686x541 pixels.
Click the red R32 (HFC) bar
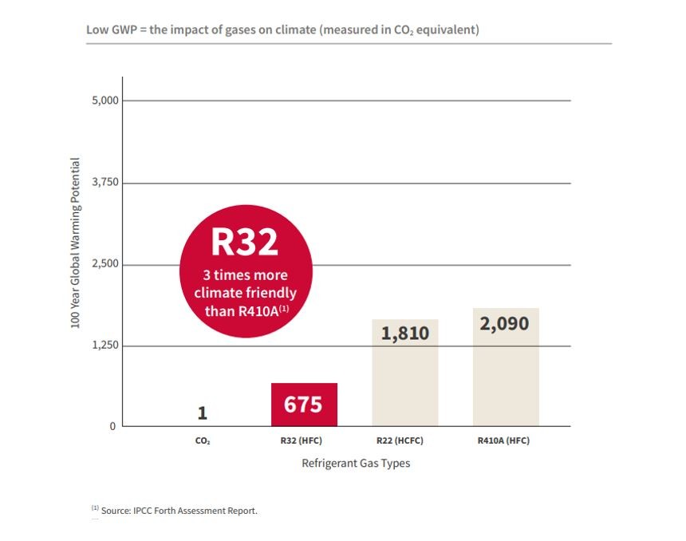click(304, 405)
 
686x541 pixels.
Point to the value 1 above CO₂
click(203, 413)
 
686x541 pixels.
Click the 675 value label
click(304, 405)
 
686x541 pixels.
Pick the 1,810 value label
click(405, 333)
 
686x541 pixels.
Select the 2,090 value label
click(505, 324)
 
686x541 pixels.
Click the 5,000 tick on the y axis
click(104, 101)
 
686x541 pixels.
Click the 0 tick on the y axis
click(112, 426)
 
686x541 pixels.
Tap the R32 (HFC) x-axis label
click(304, 440)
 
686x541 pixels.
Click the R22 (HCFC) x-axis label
click(405, 440)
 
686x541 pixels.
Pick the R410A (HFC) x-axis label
click(504, 440)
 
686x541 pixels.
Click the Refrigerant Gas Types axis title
click(356, 463)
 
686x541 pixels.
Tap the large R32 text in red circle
click(244, 243)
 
